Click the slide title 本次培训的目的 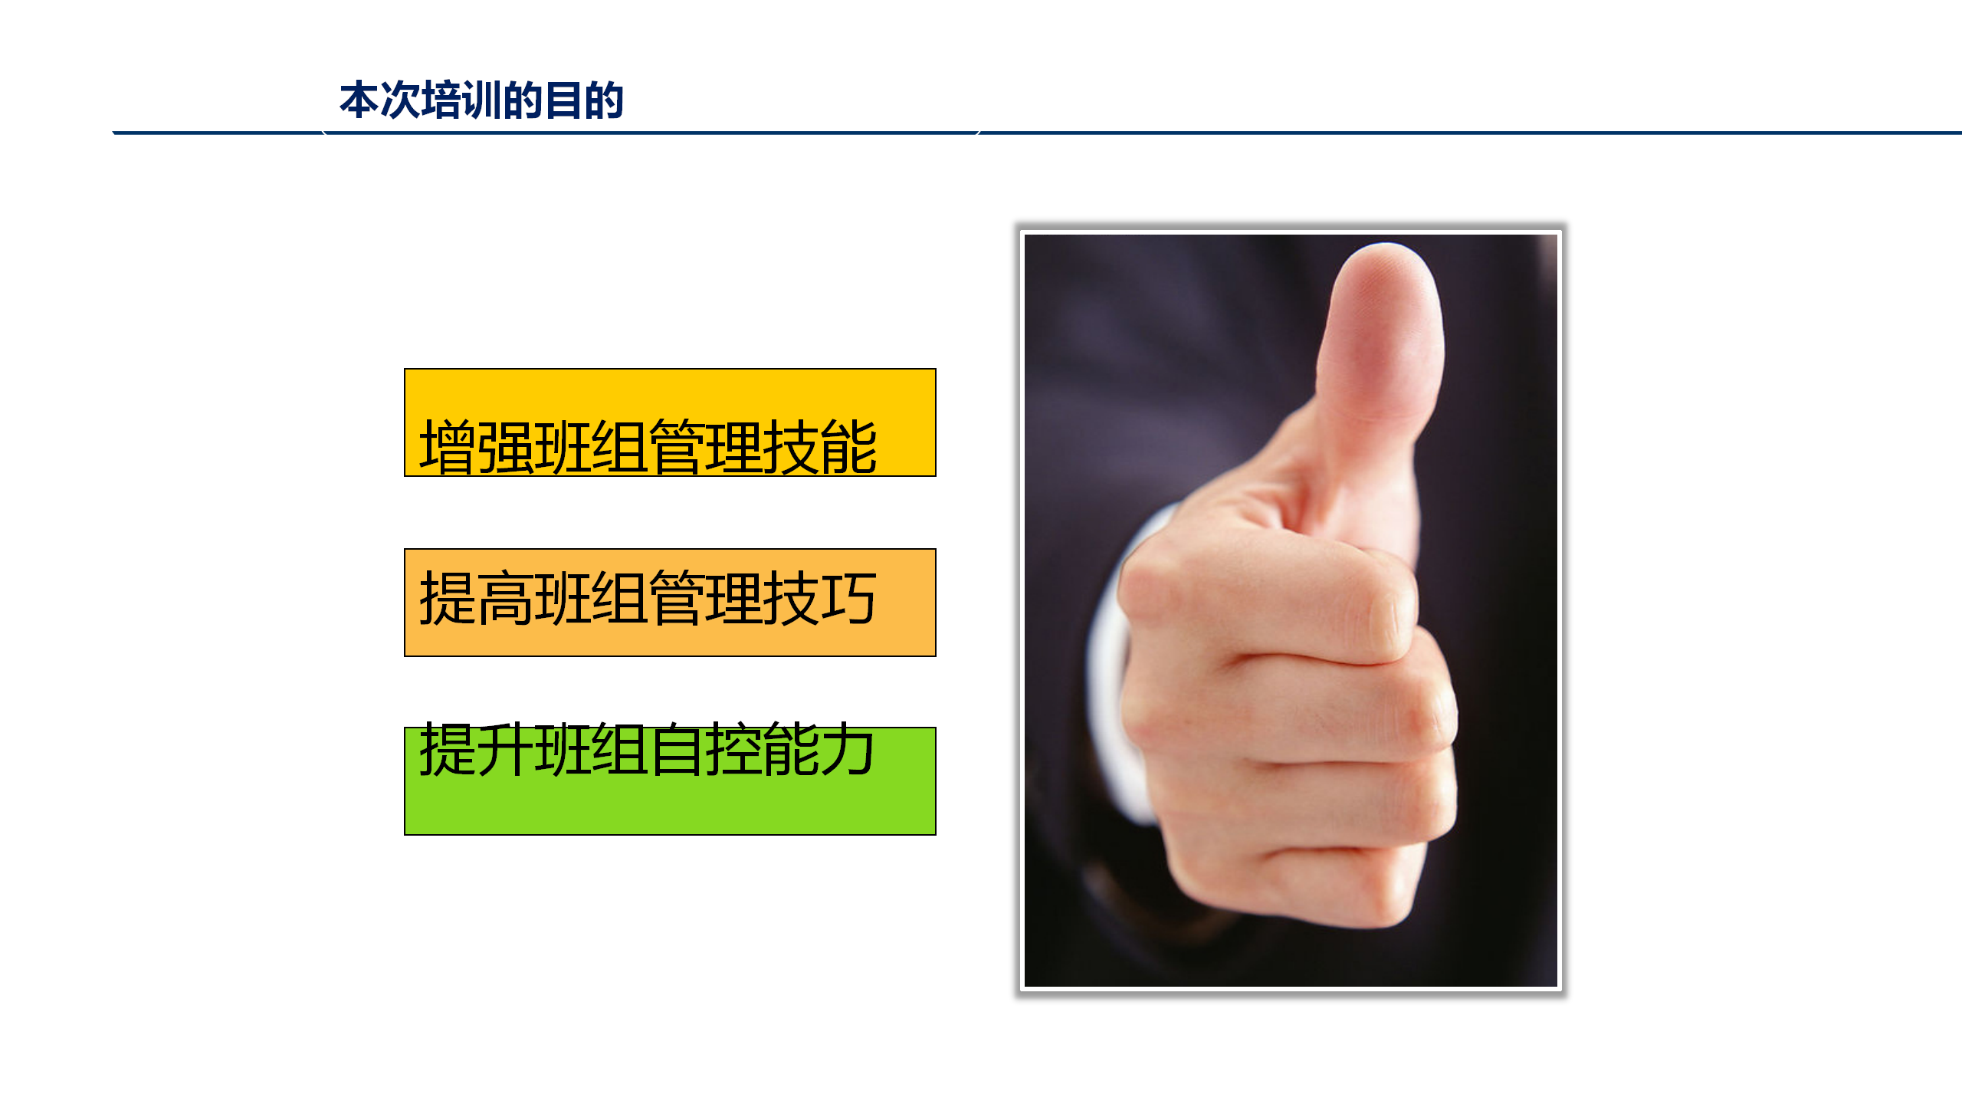point(481,100)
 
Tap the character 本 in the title point(359,100)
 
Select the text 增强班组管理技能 point(648,447)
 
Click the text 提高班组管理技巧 point(648,598)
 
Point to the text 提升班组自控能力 point(648,749)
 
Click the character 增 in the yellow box point(448,447)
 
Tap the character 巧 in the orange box point(848,598)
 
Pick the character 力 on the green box point(848,749)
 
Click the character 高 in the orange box point(505,598)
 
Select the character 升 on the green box point(505,749)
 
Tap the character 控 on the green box point(733,749)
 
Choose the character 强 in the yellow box point(505,447)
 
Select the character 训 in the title point(481,100)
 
